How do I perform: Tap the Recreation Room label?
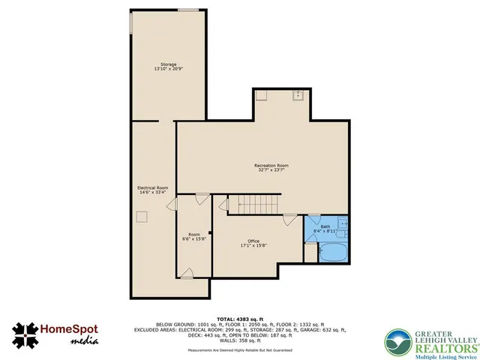click(271, 165)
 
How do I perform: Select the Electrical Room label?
click(152, 187)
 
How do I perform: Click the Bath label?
click(325, 226)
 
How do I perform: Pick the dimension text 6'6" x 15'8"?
click(194, 240)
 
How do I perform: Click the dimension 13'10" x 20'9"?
click(168, 70)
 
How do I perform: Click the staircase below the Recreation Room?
click(254, 203)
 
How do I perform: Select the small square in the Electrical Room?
click(141, 216)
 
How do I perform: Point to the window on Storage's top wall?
click(188, 10)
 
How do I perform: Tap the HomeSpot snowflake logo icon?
click(27, 334)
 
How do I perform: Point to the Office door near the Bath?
click(289, 220)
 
